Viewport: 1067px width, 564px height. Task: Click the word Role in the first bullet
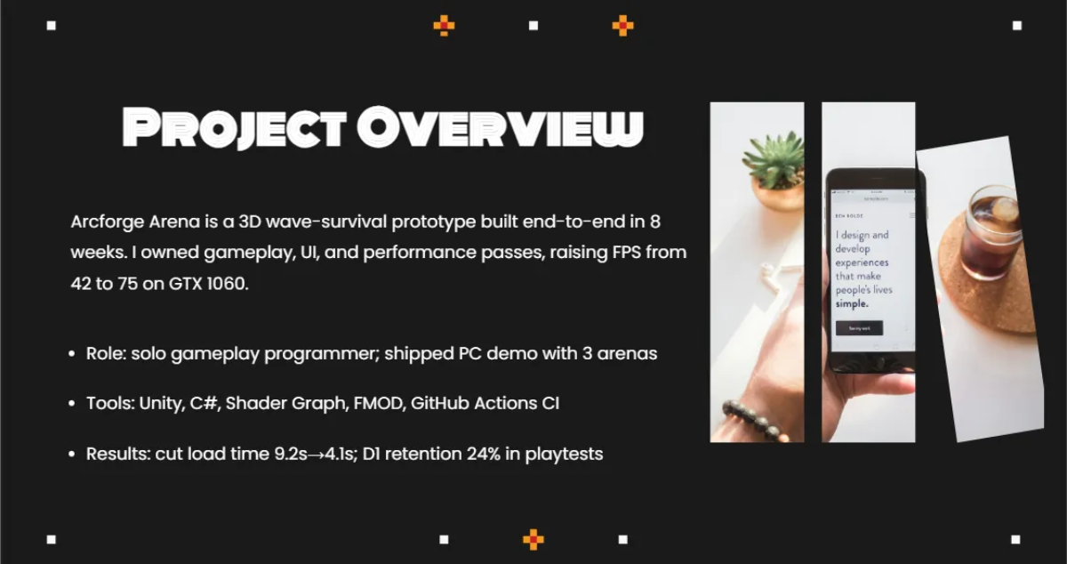pyautogui.click(x=105, y=353)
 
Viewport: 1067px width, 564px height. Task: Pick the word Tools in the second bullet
pyautogui.click(x=108, y=403)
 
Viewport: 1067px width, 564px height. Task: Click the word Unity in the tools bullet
pyautogui.click(x=160, y=403)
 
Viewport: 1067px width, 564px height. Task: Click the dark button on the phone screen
pyautogui.click(x=858, y=328)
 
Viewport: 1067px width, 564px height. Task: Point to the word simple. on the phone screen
pyautogui.click(x=852, y=303)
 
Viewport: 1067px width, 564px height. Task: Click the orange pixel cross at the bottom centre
pyautogui.click(x=533, y=539)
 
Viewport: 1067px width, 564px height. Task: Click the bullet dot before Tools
pyautogui.click(x=71, y=404)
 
